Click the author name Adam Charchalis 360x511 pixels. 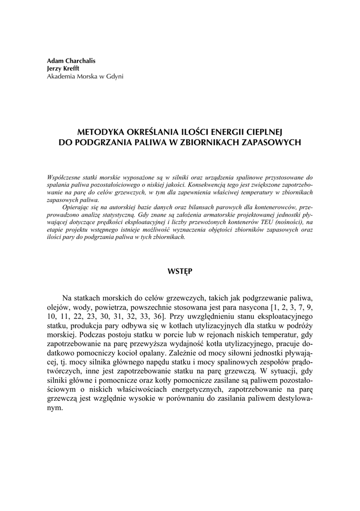click(x=71, y=60)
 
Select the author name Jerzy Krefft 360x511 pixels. click(x=64, y=68)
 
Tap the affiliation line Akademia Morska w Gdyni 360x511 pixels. click(x=85, y=76)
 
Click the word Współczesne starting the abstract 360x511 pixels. click(x=64, y=177)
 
